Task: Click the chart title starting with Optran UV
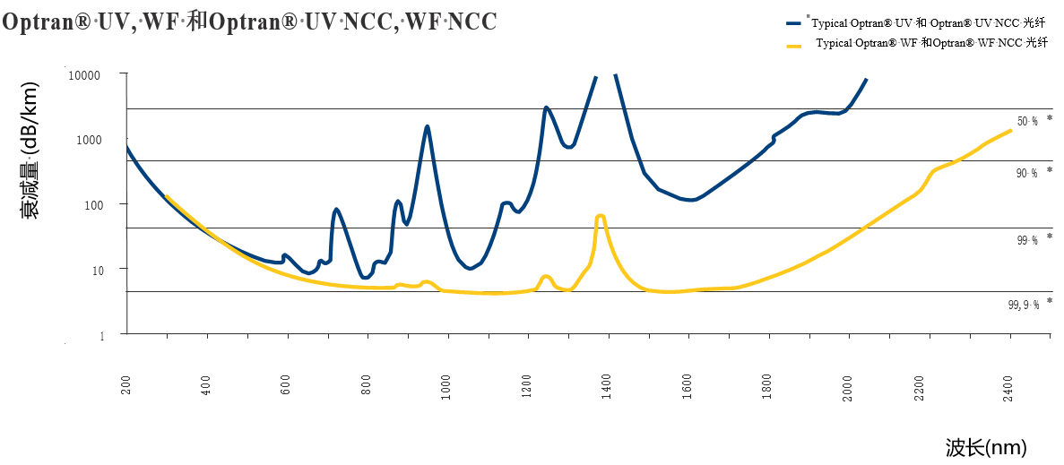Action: (x=249, y=22)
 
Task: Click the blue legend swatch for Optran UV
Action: (x=792, y=24)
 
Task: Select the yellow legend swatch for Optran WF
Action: (x=792, y=44)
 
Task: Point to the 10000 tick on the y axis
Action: (x=85, y=75)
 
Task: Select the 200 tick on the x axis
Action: (x=127, y=385)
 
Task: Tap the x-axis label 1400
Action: (x=607, y=386)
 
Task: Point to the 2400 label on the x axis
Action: (x=1008, y=388)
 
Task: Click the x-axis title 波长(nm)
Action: (x=985, y=447)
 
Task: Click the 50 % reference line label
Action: (x=1027, y=121)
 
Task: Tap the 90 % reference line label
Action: (x=1027, y=173)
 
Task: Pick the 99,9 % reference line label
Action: (x=1024, y=305)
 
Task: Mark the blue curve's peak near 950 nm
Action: (x=428, y=126)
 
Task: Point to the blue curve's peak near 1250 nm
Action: (x=546, y=108)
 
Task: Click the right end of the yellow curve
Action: (x=1011, y=131)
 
